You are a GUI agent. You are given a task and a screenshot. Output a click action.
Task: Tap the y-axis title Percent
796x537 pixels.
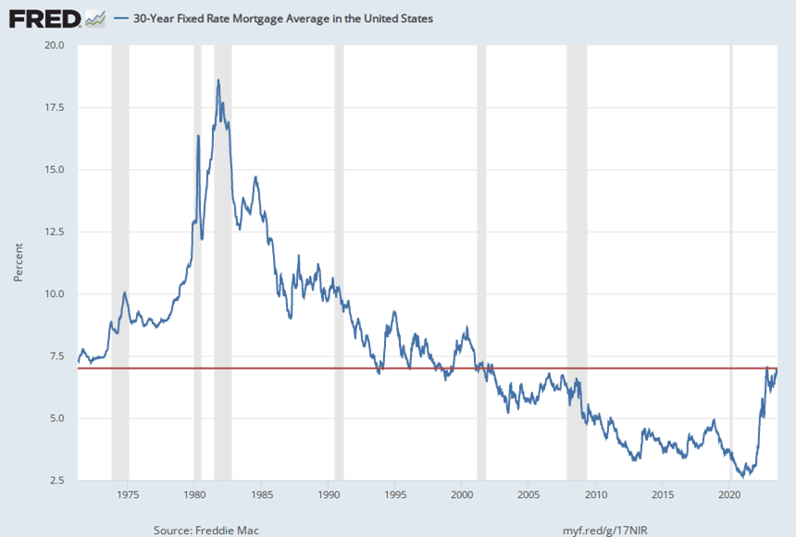(18, 263)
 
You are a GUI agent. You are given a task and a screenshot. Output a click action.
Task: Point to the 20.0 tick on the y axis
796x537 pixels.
(54, 44)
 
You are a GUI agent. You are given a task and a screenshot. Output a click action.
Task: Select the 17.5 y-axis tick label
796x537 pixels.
(54, 107)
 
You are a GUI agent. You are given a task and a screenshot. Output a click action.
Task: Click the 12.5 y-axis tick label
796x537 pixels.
(54, 231)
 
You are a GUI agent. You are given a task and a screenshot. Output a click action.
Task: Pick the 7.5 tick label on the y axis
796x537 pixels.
(56, 356)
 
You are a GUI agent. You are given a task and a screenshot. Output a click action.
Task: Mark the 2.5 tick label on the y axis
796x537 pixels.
(56, 481)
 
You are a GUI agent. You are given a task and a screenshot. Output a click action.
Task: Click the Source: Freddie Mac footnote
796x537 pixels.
(206, 530)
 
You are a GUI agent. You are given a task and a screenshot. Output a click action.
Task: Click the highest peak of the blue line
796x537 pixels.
(218, 81)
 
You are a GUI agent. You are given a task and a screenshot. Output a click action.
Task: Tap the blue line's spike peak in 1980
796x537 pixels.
(198, 136)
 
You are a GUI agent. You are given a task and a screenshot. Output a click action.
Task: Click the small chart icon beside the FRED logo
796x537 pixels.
(94, 18)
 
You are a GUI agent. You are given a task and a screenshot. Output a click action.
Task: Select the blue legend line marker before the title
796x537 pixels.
(121, 19)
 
